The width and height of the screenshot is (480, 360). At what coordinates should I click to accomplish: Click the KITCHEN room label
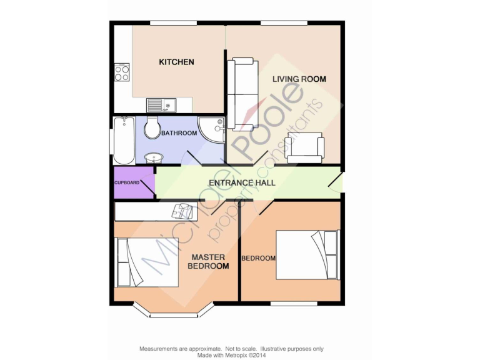point(176,62)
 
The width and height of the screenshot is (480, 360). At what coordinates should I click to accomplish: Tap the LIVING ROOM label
point(299,79)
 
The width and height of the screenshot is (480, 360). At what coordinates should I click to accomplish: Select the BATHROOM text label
point(179,133)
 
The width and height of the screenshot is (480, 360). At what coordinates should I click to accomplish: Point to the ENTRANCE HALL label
point(242,182)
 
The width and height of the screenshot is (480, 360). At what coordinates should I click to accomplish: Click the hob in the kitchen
point(122,73)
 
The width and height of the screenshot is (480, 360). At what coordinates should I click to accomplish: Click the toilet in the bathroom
point(152,128)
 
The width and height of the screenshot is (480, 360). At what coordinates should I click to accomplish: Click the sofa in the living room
point(242,94)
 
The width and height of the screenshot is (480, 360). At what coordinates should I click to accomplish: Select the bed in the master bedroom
point(142,262)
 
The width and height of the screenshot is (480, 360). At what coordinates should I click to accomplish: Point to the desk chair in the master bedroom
point(182,211)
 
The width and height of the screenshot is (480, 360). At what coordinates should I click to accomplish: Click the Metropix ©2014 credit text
point(231,354)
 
